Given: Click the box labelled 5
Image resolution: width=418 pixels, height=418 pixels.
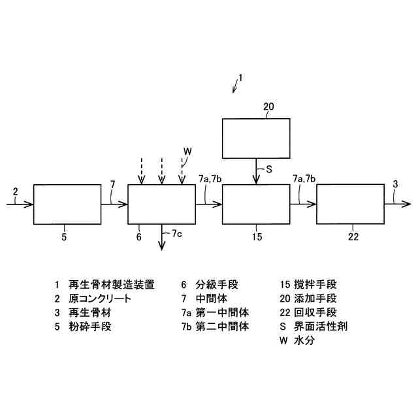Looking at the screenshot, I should click(67, 204).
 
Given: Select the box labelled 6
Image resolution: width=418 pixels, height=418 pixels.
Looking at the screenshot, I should click(161, 204).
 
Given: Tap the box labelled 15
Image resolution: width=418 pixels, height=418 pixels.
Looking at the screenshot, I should click(255, 204).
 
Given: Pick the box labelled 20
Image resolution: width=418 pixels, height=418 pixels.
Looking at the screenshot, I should click(255, 137).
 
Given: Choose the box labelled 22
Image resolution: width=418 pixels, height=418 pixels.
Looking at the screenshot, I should click(350, 204).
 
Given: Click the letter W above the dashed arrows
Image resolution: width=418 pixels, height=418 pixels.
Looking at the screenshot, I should click(187, 152).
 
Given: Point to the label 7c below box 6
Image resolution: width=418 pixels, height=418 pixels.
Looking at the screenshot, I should click(177, 233).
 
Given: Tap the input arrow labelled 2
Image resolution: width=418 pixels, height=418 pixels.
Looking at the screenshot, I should click(20, 204).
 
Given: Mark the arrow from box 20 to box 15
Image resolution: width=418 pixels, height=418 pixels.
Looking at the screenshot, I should click(255, 171).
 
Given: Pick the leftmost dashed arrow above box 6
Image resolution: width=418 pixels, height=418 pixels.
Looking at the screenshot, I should click(141, 171).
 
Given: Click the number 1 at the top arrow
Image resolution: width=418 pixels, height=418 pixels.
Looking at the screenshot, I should click(240, 78).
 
